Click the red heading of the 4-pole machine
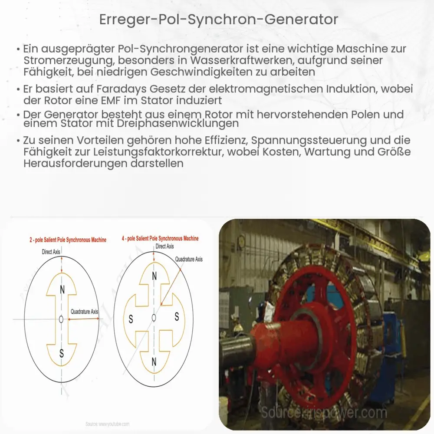(x=161, y=238)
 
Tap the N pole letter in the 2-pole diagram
(x=62, y=290)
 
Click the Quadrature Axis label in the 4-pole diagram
(x=189, y=259)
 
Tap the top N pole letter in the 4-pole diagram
(x=154, y=275)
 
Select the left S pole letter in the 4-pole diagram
(x=130, y=319)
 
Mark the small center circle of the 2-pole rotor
(x=62, y=319)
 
